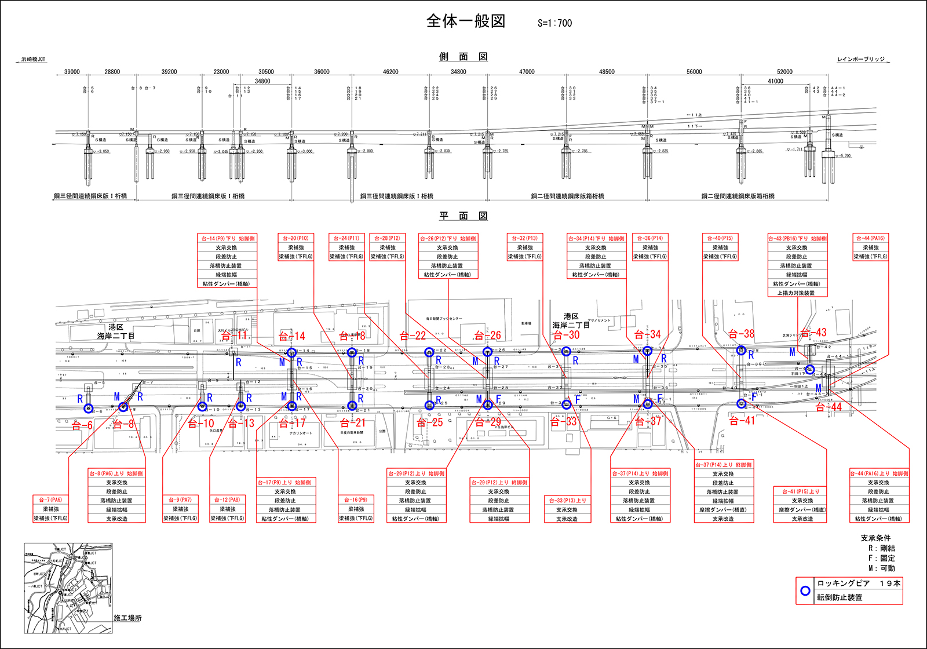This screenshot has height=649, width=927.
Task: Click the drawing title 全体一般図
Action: click(466, 21)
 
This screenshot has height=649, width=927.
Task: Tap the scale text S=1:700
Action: click(554, 23)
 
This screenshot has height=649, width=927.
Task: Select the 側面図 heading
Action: click(463, 57)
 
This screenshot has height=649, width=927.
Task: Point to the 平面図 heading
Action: click(463, 216)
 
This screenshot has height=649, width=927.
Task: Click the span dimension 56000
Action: click(694, 72)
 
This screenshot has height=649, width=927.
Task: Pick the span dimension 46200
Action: click(390, 72)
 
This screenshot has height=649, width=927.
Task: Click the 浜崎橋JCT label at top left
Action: click(33, 60)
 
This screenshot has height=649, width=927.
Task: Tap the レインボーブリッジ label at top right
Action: click(861, 60)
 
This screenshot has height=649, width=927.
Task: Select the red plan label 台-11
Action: click(235, 336)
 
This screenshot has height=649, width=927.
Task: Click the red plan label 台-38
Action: click(742, 334)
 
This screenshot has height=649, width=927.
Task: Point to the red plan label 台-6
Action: click(82, 425)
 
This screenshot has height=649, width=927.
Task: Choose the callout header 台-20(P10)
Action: click(295, 238)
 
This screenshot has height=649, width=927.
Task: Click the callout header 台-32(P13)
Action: click(524, 238)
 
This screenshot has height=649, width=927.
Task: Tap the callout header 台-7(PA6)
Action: click(50, 499)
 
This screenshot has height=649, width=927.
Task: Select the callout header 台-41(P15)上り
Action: click(802, 491)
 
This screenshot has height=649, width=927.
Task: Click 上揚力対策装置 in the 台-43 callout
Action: click(797, 293)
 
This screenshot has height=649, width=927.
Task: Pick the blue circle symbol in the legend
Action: click(805, 591)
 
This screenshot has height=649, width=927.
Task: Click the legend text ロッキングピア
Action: click(843, 584)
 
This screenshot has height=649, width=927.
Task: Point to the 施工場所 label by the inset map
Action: click(127, 618)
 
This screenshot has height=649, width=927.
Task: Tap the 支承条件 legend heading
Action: click(875, 538)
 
